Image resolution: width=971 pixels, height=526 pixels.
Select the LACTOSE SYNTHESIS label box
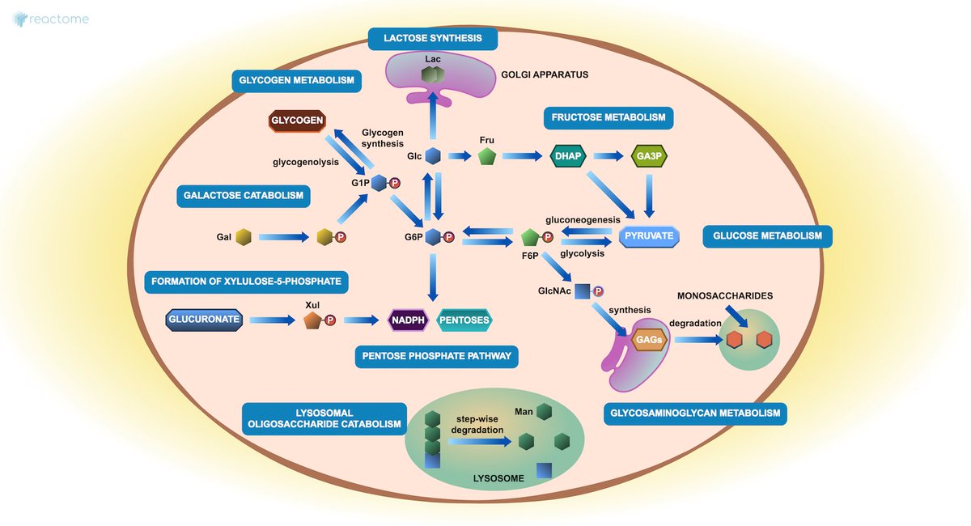pyautogui.click(x=432, y=38)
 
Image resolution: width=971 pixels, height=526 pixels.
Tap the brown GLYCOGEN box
pyautogui.click(x=297, y=121)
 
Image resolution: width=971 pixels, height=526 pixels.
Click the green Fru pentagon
pyautogui.click(x=486, y=156)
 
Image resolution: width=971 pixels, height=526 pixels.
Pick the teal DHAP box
pyautogui.click(x=568, y=156)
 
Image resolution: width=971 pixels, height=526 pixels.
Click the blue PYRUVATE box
pyautogui.click(x=649, y=236)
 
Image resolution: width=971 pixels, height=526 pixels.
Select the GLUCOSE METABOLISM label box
pyautogui.click(x=767, y=236)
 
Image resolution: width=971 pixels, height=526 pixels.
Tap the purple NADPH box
pyautogui.click(x=409, y=320)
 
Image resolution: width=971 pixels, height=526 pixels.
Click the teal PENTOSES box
pyautogui.click(x=465, y=320)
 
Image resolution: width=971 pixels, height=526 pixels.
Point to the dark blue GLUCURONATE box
pyautogui.click(x=205, y=320)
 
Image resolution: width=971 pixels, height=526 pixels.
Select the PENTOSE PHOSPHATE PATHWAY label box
pyautogui.click(x=437, y=356)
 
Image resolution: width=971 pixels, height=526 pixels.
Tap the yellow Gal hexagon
pyautogui.click(x=244, y=237)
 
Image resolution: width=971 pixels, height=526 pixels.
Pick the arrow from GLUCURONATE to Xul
pyautogui.click(x=271, y=320)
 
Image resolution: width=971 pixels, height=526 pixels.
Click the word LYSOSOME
pyautogui.click(x=498, y=478)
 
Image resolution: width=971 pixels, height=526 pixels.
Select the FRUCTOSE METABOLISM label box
pyautogui.click(x=608, y=117)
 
